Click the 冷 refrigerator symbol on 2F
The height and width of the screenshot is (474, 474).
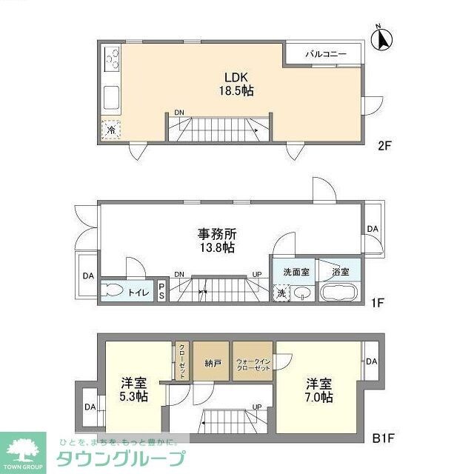point(110,130)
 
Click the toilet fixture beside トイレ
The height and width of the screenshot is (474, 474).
point(113,291)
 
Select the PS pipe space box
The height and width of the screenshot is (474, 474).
point(162,291)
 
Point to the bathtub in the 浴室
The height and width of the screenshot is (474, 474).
point(340,292)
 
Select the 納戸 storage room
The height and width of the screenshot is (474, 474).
point(211,362)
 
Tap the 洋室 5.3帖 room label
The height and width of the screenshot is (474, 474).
point(134,390)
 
